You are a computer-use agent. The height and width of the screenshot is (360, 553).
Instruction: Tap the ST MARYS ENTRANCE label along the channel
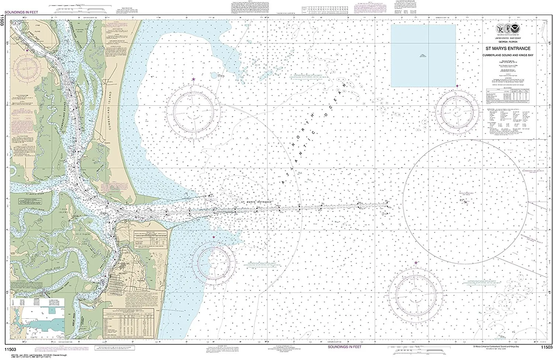tap(256, 202)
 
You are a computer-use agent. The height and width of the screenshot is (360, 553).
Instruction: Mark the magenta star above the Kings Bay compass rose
tap(27, 50)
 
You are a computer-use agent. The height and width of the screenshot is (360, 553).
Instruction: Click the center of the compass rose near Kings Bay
tap(27, 68)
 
